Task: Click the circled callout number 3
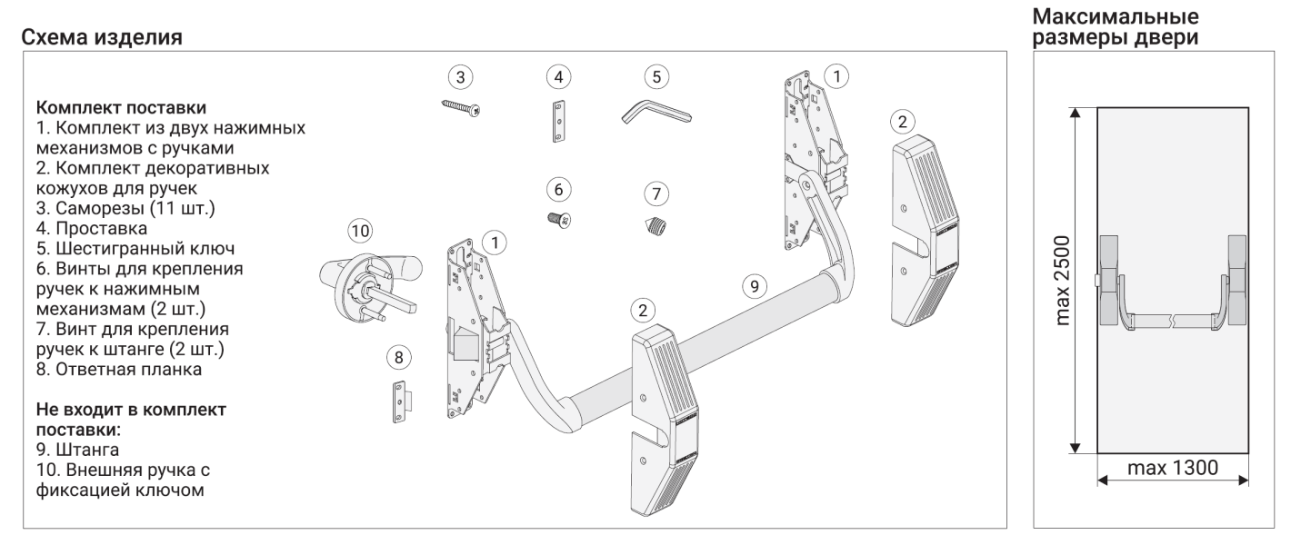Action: [x=462, y=77]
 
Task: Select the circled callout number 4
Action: [x=558, y=76]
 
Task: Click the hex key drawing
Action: [x=654, y=114]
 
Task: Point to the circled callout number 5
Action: [x=656, y=77]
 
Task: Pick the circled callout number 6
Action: [x=558, y=189]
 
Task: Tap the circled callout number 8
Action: [x=396, y=357]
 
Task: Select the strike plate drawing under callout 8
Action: [x=401, y=401]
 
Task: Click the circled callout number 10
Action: [x=361, y=231]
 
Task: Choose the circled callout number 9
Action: [x=752, y=285]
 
